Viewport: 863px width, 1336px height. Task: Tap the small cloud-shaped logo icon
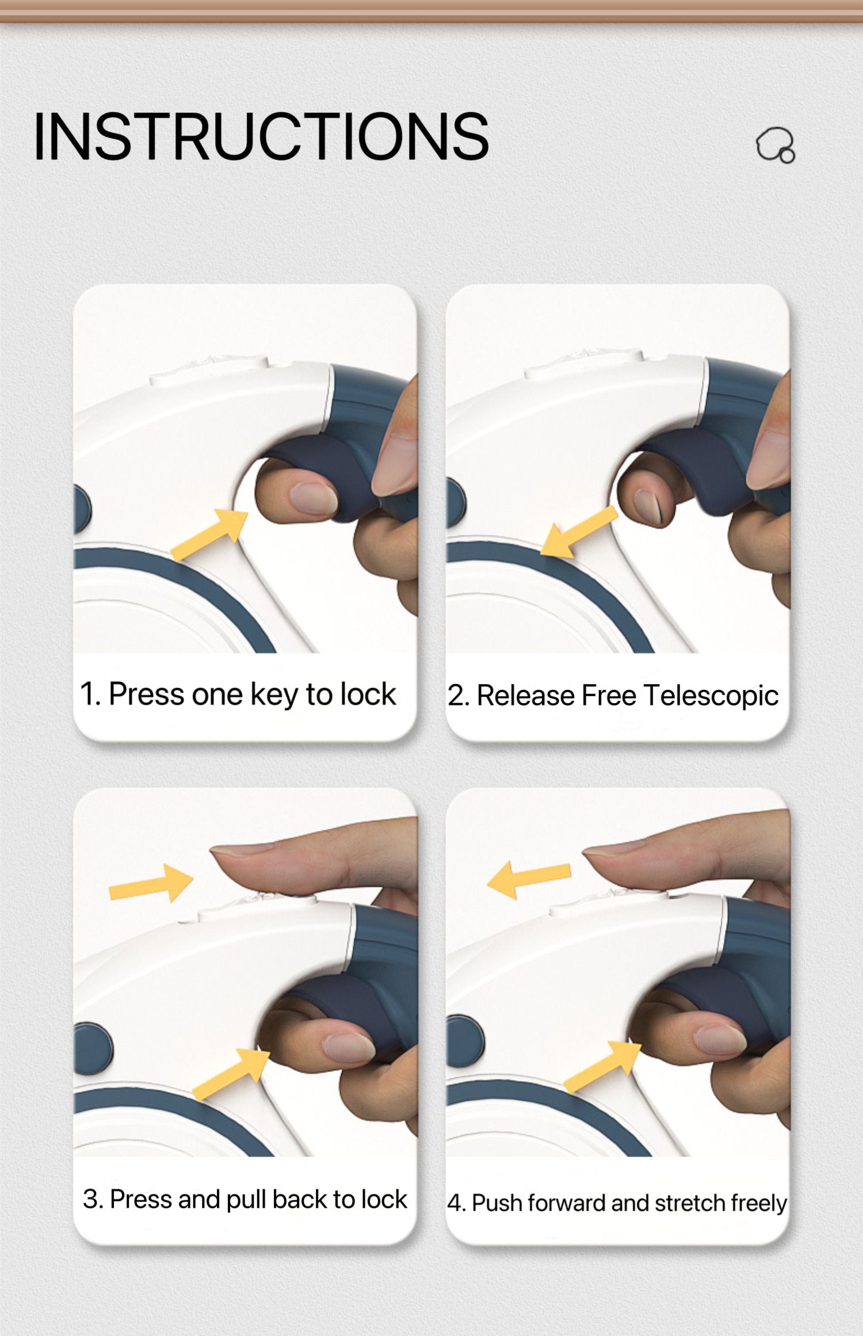[776, 145]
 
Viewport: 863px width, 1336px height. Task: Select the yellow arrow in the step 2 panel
[579, 533]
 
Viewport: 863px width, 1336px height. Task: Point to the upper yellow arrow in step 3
[151, 883]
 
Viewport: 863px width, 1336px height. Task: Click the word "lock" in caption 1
[368, 694]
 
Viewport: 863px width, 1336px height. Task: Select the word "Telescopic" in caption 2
[711, 696]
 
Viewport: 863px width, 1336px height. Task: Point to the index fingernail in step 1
[313, 498]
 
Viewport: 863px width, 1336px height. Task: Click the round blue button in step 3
[93, 1048]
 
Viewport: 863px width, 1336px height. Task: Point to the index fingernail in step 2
[648, 506]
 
